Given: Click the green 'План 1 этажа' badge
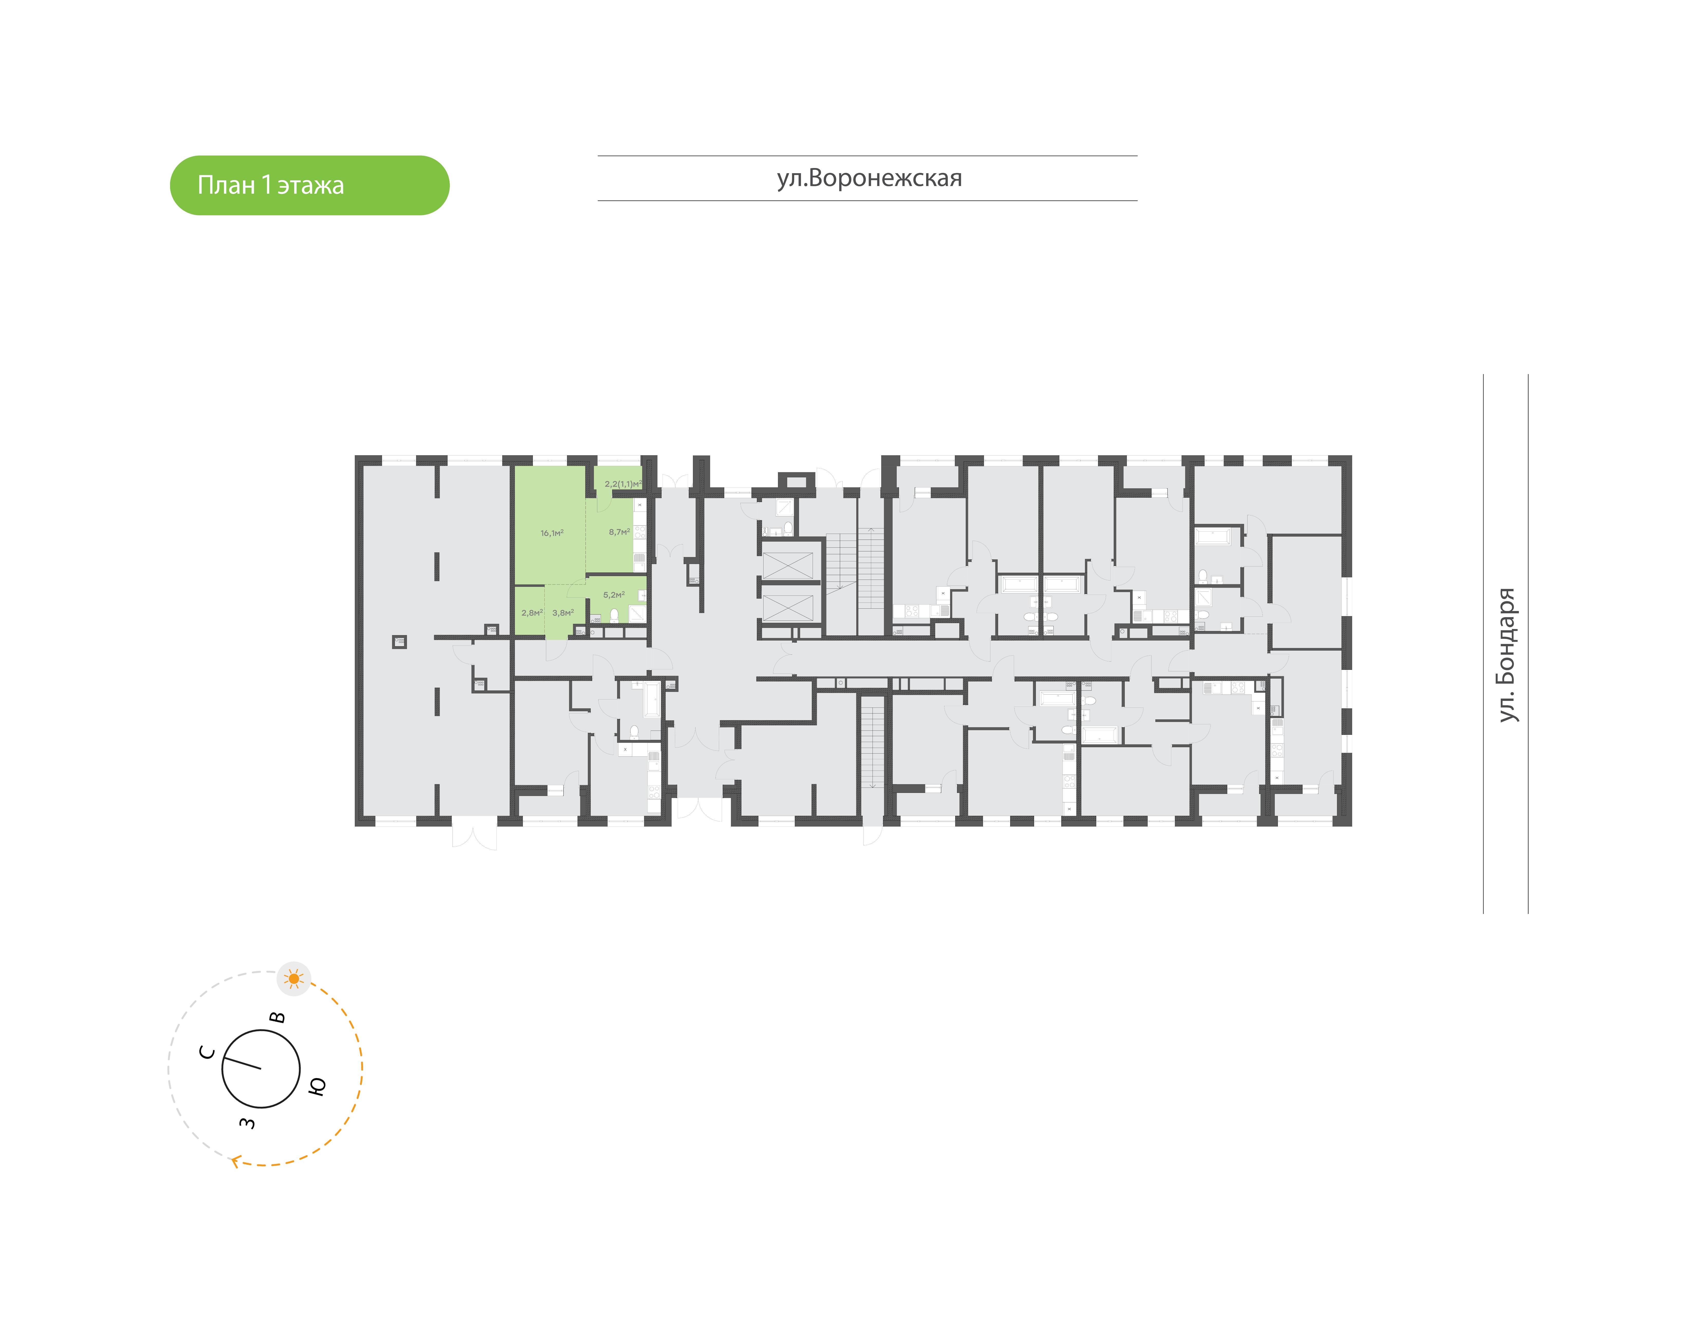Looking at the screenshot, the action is pyautogui.click(x=309, y=185).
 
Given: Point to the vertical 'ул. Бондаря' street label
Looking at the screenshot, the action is pyautogui.click(x=1506, y=654).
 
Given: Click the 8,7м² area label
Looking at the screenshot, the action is pyautogui.click(x=619, y=532).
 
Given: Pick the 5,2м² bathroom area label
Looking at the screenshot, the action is pyautogui.click(x=614, y=595).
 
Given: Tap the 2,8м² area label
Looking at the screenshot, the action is pyautogui.click(x=532, y=613).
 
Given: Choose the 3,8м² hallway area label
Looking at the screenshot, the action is pyautogui.click(x=563, y=613).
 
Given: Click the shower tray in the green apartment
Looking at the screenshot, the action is pyautogui.click(x=637, y=614).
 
